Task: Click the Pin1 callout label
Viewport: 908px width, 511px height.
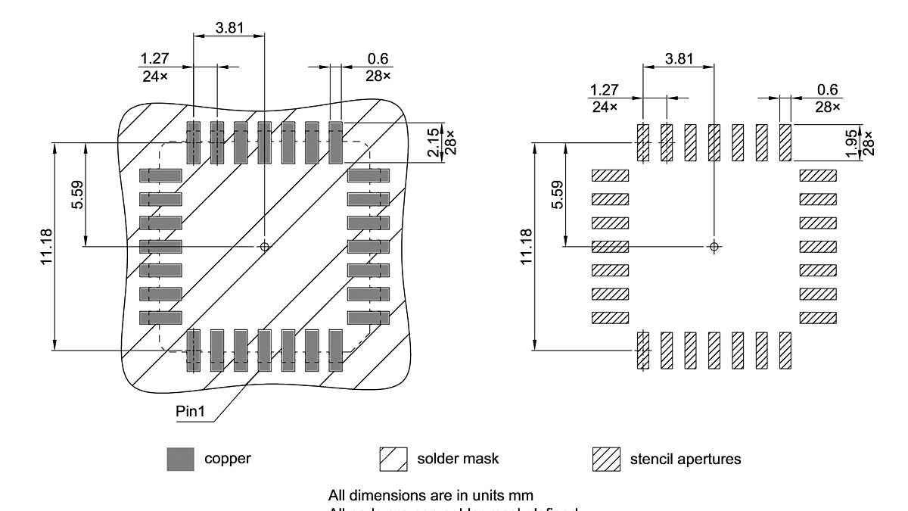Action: [191, 413]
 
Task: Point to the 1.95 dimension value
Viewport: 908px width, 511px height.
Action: [852, 142]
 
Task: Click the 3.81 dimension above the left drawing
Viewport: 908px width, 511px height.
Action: [229, 27]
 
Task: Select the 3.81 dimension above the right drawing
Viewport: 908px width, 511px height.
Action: [678, 58]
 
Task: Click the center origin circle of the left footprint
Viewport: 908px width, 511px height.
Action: [264, 246]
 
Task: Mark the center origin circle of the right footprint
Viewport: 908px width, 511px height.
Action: [714, 246]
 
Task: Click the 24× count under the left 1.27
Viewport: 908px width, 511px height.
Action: [154, 76]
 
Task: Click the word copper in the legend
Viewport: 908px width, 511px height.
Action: [228, 459]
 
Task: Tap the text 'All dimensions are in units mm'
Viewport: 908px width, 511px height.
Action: [431, 496]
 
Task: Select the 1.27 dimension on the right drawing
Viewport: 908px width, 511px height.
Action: [604, 90]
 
